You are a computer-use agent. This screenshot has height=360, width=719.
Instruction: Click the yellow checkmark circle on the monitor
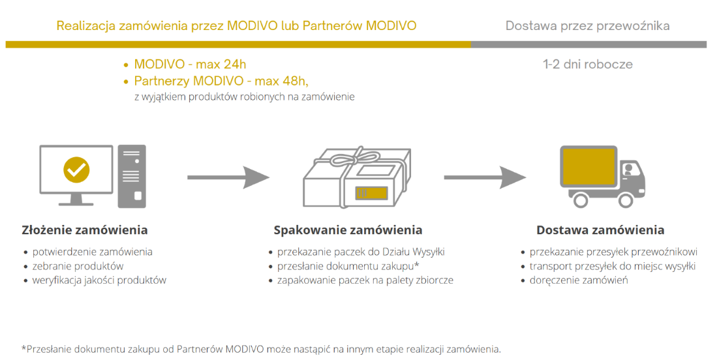point(76,170)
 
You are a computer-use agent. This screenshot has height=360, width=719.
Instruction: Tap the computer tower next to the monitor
point(132,177)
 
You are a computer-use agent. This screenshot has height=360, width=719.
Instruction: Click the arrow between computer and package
point(228,177)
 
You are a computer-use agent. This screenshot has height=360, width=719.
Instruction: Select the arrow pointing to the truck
point(485,177)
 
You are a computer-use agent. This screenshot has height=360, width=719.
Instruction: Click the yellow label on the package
point(372,192)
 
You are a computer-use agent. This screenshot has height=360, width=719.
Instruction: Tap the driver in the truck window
point(629,169)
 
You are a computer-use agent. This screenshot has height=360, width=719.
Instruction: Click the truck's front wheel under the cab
point(626,200)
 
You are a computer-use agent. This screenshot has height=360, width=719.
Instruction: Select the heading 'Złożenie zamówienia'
point(85,230)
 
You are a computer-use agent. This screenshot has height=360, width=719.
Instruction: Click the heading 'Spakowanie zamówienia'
point(348,230)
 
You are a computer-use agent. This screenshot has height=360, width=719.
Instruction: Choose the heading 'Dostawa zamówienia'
point(600,230)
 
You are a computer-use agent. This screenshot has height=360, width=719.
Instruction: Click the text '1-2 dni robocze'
point(588,64)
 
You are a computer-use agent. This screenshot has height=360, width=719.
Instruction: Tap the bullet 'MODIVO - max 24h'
point(190,64)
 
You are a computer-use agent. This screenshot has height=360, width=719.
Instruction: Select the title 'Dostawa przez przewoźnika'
point(587,25)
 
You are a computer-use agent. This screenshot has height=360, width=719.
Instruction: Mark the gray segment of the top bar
point(589,44)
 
